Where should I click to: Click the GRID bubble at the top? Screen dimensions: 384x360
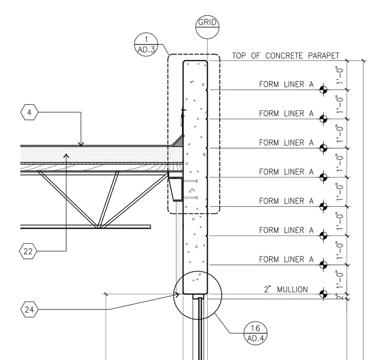tap(207, 27)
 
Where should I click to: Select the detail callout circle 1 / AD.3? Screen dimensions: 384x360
tap(146, 44)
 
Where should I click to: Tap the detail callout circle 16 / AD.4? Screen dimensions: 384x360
tap(256, 333)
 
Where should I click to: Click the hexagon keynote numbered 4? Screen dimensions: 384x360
tap(29, 112)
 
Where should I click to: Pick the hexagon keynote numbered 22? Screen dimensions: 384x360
tap(28, 251)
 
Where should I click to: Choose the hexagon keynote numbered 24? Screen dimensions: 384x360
tap(29, 309)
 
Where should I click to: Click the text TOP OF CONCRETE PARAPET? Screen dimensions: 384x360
tap(285, 56)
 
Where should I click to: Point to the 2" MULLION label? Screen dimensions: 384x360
tap(286, 289)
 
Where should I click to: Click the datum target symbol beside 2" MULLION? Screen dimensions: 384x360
tap(323, 294)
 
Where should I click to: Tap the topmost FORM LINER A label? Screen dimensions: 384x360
tap(286, 84)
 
